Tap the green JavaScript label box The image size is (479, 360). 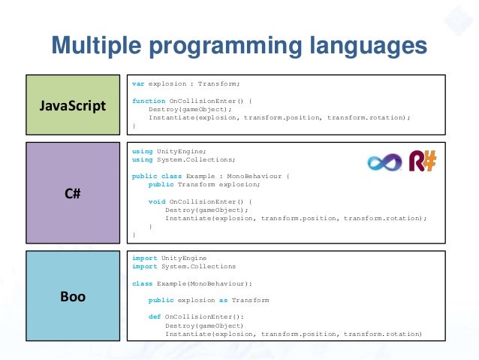pyautogui.click(x=73, y=105)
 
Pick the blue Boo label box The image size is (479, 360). pyautogui.click(x=73, y=296)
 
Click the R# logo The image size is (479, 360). pyautogui.click(x=423, y=160)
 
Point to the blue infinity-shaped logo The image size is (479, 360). pyautogui.click(x=384, y=162)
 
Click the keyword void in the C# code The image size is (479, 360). pyautogui.click(x=156, y=201)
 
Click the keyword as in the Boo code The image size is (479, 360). pyautogui.click(x=223, y=300)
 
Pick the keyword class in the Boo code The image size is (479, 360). pyautogui.click(x=142, y=283)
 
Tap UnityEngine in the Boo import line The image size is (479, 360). pyautogui.click(x=183, y=258)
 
